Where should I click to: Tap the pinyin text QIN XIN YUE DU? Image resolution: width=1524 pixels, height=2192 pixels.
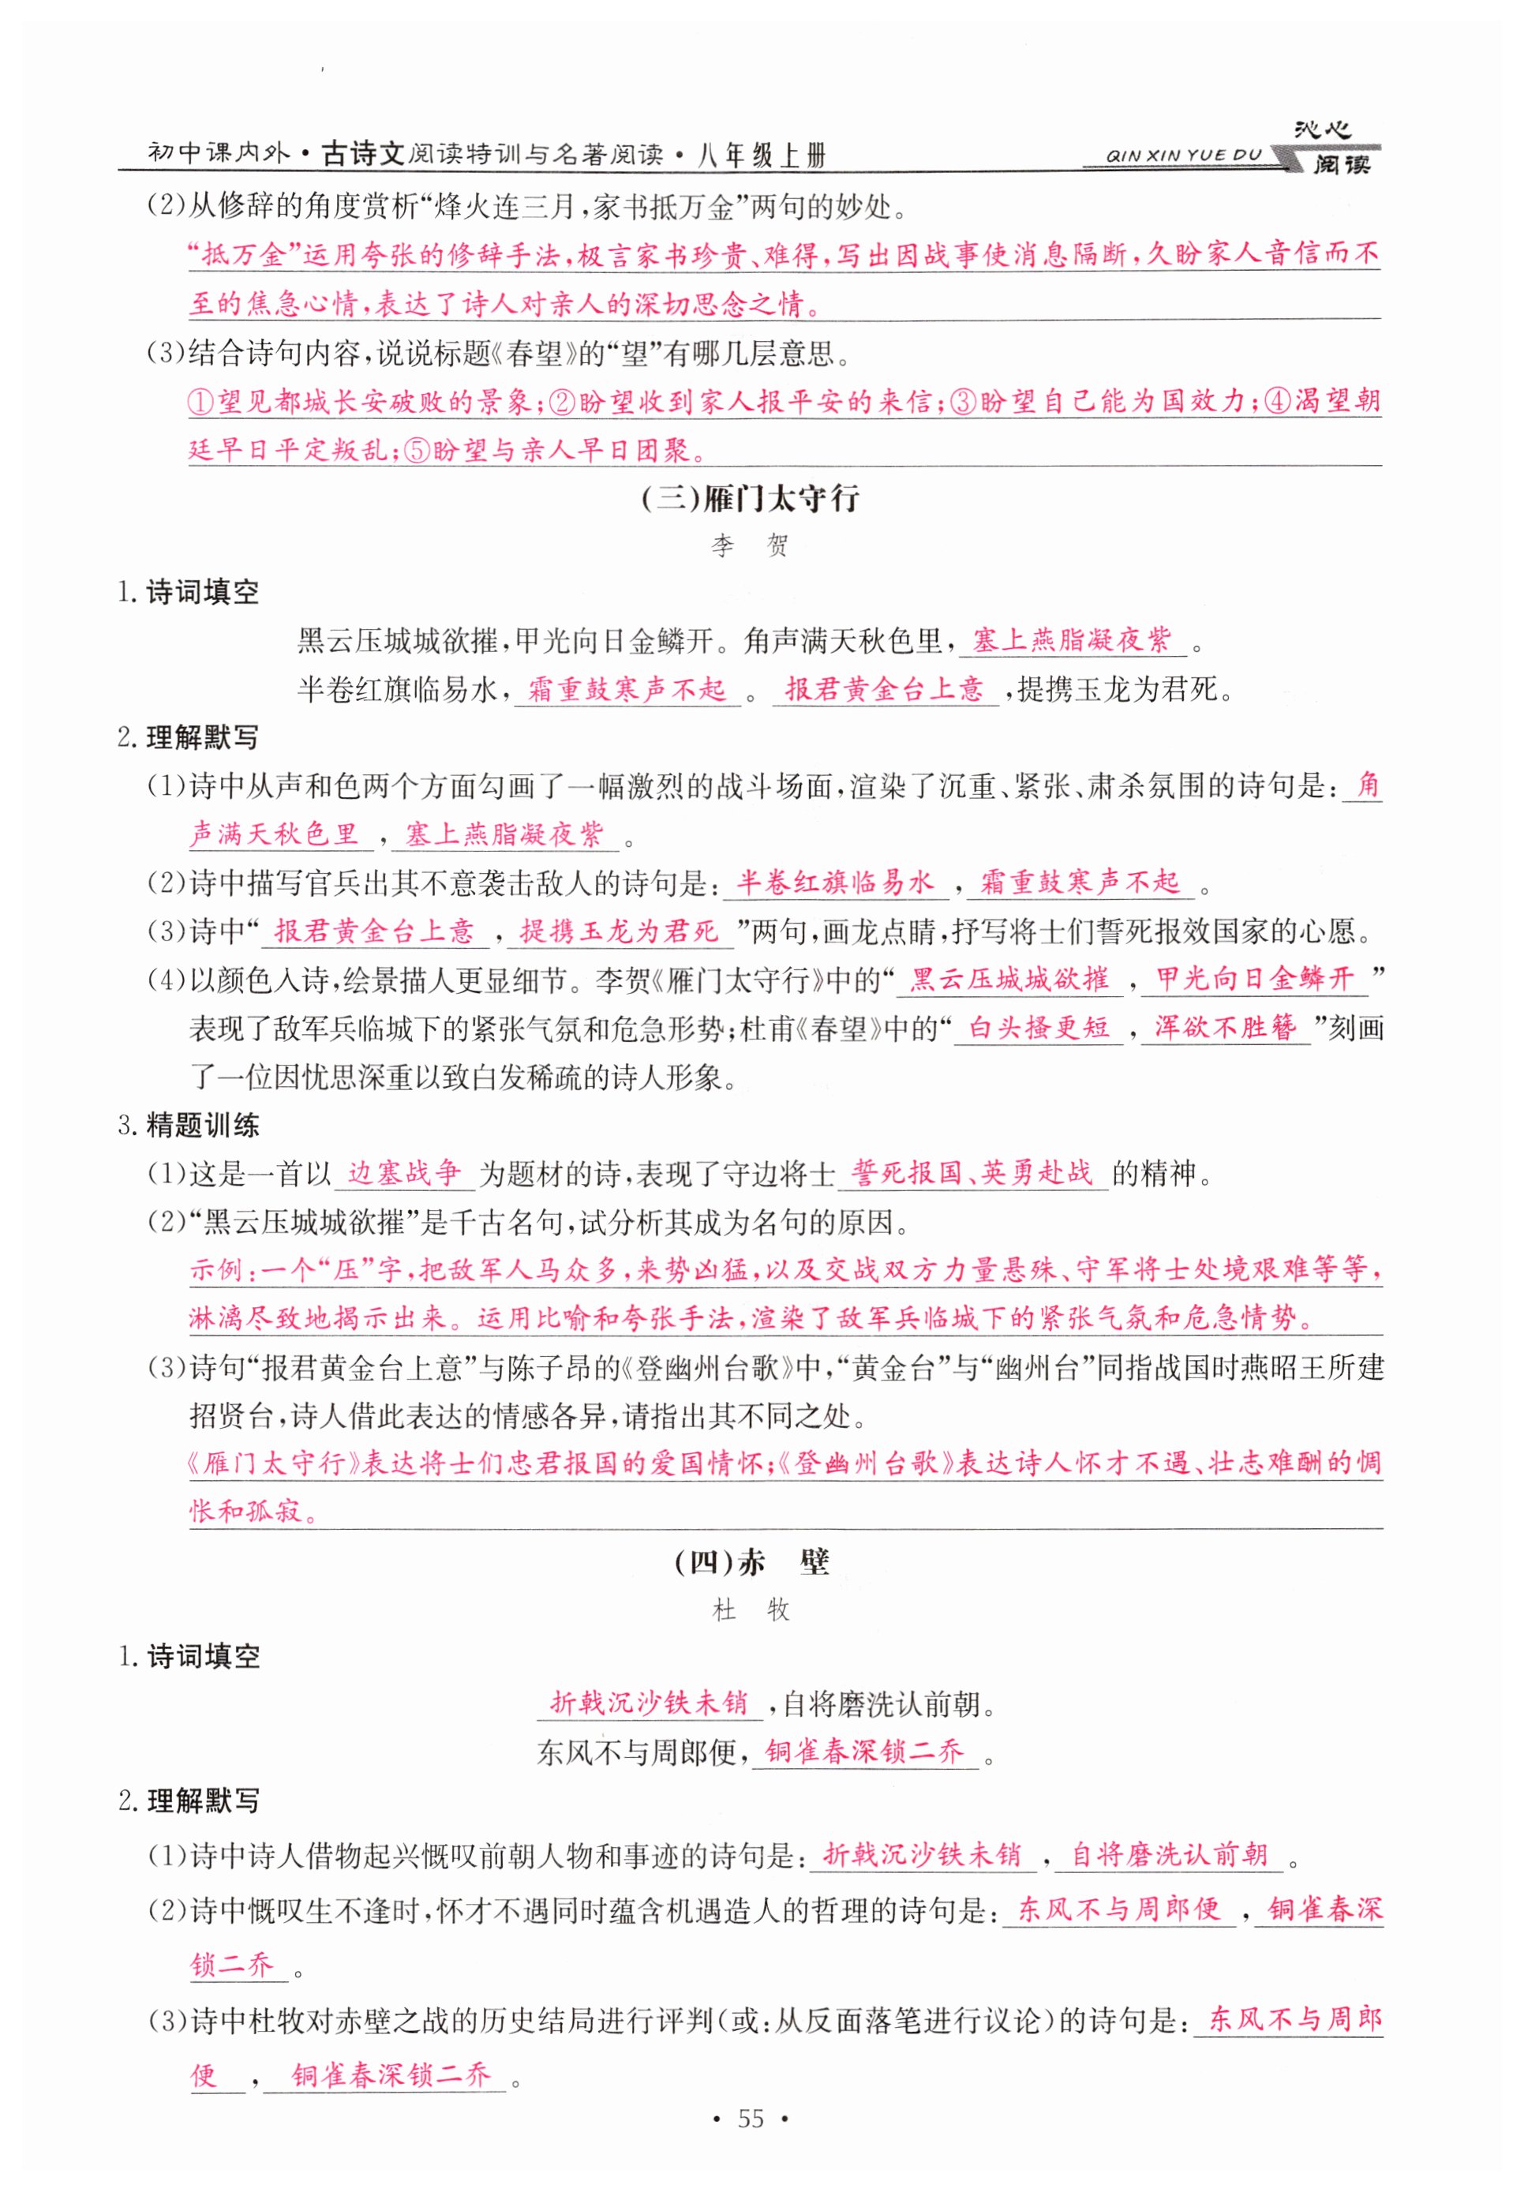[1182, 156]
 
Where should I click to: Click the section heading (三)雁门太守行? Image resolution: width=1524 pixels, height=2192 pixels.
[750, 498]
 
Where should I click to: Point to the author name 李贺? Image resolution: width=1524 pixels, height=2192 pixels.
[750, 546]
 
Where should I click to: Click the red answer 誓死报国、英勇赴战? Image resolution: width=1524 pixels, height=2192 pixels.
[972, 1172]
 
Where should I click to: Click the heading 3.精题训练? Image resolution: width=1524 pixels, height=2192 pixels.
[188, 1126]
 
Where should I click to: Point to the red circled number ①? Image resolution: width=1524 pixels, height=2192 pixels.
[201, 402]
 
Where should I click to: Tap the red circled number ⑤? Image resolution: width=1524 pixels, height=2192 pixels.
[417, 451]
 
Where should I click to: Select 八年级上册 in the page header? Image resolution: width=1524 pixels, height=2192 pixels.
[761, 156]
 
